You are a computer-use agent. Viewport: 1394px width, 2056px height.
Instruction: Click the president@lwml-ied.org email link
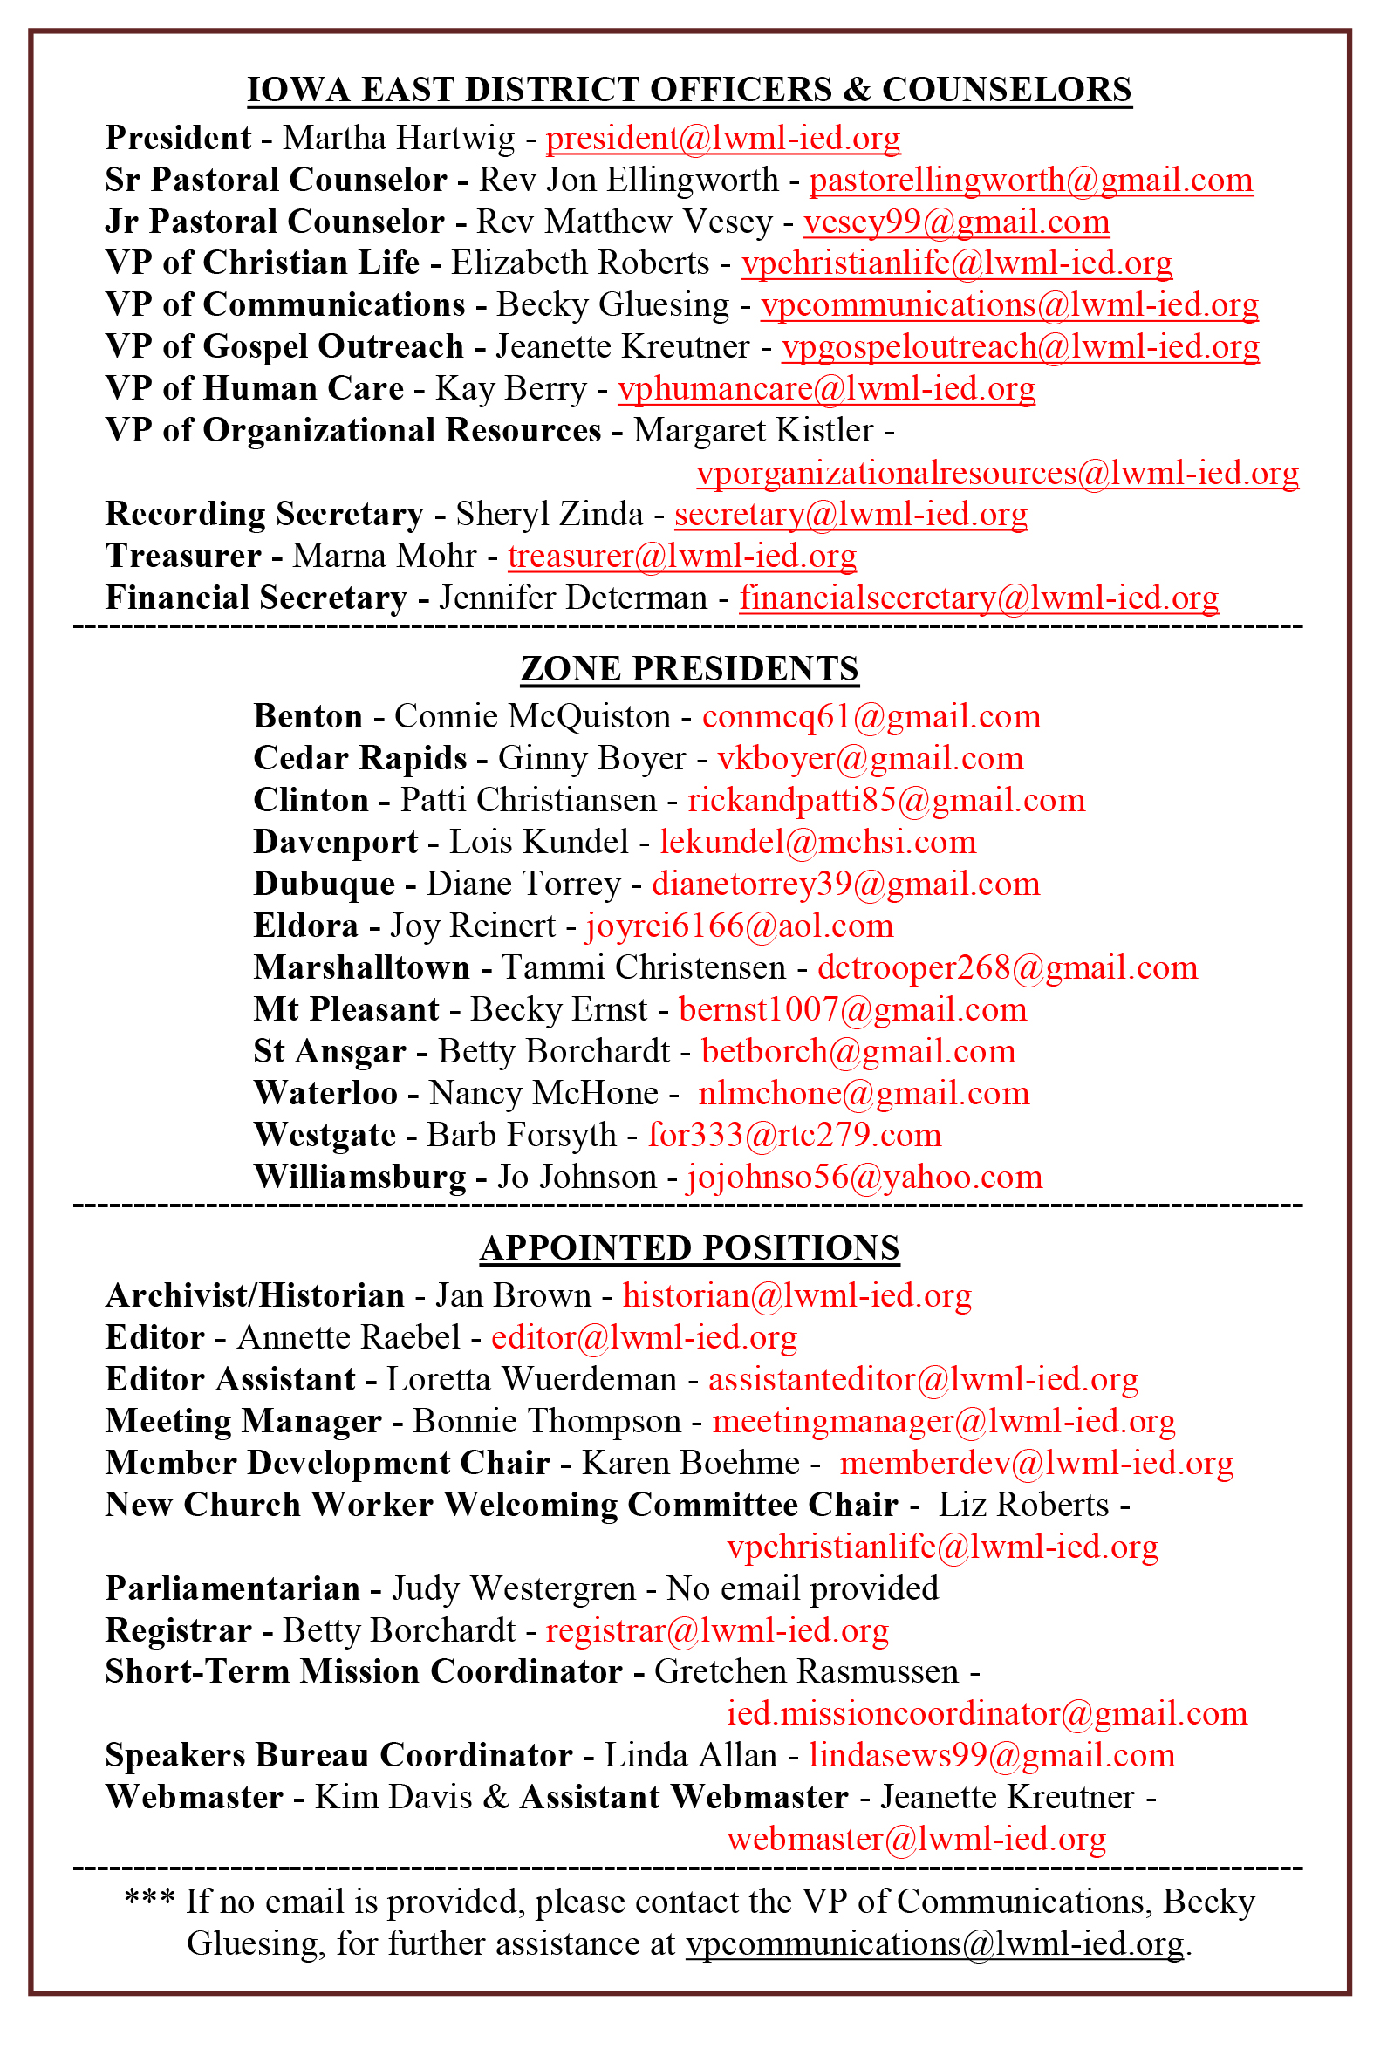(x=721, y=139)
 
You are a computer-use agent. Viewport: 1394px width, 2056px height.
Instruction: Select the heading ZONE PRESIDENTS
(x=689, y=669)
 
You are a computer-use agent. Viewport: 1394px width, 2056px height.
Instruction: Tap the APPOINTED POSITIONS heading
(x=689, y=1248)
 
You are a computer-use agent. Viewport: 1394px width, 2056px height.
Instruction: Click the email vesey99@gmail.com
(x=955, y=222)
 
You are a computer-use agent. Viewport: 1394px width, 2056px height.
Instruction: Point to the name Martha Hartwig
(x=398, y=139)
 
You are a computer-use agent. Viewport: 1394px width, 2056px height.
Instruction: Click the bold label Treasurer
(x=183, y=557)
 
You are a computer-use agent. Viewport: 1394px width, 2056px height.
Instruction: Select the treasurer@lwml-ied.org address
(x=681, y=557)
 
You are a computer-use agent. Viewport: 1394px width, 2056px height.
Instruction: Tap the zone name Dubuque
(x=324, y=885)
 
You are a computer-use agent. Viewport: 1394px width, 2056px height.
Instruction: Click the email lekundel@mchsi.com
(x=817, y=843)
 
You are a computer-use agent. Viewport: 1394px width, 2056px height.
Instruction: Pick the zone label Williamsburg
(x=359, y=1178)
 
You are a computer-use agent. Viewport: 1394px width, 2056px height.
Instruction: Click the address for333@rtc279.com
(x=794, y=1136)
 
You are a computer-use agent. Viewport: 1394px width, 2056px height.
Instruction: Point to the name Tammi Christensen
(x=643, y=968)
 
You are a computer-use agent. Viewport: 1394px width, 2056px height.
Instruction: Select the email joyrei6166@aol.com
(x=739, y=926)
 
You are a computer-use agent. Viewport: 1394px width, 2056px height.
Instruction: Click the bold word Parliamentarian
(x=232, y=1589)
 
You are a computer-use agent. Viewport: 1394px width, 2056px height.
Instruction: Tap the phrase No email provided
(x=802, y=1589)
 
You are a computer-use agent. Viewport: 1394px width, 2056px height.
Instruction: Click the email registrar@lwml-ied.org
(x=716, y=1630)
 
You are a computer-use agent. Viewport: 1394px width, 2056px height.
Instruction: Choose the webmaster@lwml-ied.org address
(x=915, y=1840)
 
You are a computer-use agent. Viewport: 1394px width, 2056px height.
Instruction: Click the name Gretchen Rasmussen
(x=806, y=1672)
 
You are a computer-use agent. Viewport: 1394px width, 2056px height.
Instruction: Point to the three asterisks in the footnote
(x=148, y=1899)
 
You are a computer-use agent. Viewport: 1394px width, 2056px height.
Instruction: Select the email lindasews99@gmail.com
(x=992, y=1756)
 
